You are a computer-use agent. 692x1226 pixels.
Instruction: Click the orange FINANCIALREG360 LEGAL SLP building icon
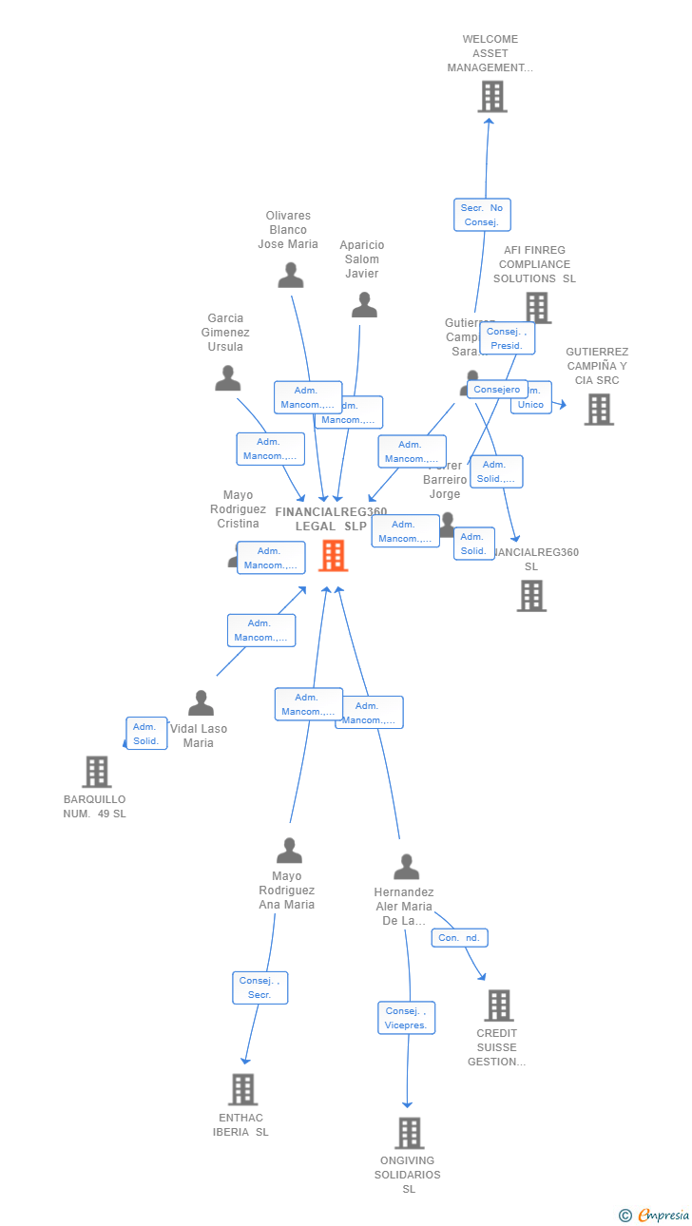coord(333,555)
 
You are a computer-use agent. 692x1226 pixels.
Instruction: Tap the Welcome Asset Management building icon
coord(491,97)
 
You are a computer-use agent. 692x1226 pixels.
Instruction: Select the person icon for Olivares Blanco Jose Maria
coord(290,276)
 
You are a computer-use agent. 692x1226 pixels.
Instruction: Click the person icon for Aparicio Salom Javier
coord(364,305)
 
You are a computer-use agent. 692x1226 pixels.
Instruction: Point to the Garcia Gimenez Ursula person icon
coord(227,378)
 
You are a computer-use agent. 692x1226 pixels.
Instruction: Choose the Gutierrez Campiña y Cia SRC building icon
coord(598,410)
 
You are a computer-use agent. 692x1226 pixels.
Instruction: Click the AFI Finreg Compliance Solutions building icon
coord(537,308)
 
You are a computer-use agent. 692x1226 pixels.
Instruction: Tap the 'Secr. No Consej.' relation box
coord(482,215)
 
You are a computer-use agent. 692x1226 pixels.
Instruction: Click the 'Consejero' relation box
coord(497,390)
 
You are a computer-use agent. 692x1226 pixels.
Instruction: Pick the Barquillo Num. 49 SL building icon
coord(97,772)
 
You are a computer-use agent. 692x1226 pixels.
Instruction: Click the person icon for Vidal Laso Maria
coord(201,703)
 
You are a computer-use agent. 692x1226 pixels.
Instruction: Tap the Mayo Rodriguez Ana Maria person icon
coord(289,851)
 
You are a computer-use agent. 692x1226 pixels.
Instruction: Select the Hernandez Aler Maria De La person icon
coord(406,867)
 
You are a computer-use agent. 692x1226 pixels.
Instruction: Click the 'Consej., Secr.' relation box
coord(259,987)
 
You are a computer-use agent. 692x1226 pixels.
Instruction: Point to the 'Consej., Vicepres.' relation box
coord(407,1018)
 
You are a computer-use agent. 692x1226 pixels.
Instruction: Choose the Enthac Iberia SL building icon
coord(242,1089)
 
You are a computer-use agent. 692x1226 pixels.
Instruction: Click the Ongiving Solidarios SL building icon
coord(409,1133)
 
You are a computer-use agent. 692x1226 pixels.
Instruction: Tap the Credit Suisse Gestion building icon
coord(498,1005)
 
